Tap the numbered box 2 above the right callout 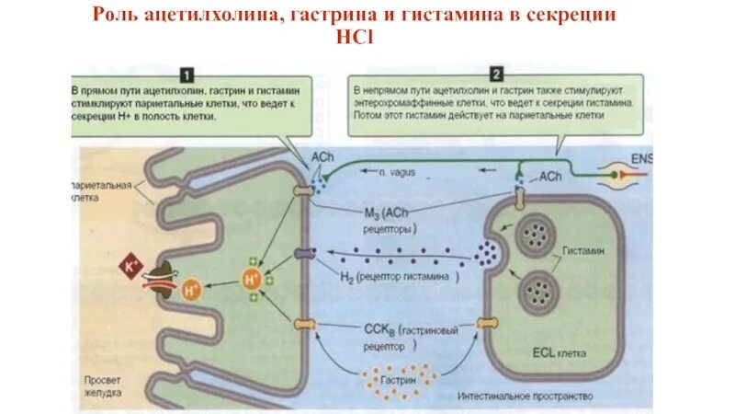tap(495, 74)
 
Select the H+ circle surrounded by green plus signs tap(250, 278)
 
